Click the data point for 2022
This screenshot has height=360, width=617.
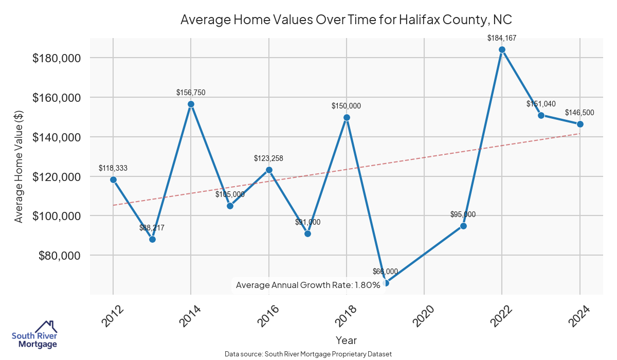(x=502, y=50)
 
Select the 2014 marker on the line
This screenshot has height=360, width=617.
(x=191, y=104)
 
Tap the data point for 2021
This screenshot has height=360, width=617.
(x=463, y=226)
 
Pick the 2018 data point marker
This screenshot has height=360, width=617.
(x=347, y=117)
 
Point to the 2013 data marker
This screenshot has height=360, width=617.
(x=152, y=239)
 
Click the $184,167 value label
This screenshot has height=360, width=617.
(x=502, y=38)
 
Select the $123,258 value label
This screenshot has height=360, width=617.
(x=268, y=158)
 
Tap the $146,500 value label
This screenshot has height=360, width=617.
(x=580, y=113)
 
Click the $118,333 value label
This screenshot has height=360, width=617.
(x=113, y=168)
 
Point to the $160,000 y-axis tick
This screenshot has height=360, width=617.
(x=57, y=98)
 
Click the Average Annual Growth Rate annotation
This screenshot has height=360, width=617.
(x=307, y=285)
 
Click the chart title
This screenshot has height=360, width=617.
(x=347, y=20)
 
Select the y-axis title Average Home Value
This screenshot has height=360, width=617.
(x=19, y=166)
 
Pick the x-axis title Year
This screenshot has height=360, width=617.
(x=346, y=340)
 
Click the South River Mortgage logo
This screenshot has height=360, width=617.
(x=34, y=334)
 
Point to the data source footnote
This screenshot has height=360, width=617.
(x=308, y=354)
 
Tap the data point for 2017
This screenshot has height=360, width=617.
(x=307, y=233)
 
